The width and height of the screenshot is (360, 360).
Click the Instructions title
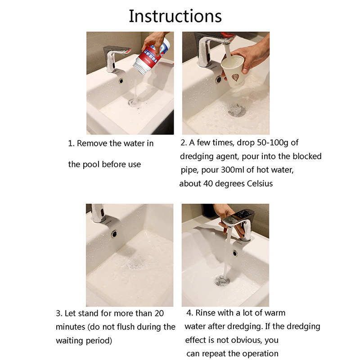click(175, 16)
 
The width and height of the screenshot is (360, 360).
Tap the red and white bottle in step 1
click(152, 58)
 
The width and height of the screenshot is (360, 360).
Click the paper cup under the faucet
click(233, 71)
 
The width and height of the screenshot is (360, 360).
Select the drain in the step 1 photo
click(134, 103)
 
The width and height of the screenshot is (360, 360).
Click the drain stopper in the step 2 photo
click(237, 110)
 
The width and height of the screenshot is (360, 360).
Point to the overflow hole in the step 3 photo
click(114, 234)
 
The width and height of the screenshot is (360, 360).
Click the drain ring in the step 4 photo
click(222, 281)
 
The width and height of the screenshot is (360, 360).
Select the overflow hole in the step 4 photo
click(234, 253)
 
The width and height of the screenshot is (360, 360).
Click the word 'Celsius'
click(260, 184)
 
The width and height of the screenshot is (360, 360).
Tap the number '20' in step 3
click(159, 313)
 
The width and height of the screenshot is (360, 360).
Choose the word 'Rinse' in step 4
click(205, 313)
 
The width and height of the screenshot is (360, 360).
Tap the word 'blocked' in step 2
click(307, 156)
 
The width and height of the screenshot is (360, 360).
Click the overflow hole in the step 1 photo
click(121, 81)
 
